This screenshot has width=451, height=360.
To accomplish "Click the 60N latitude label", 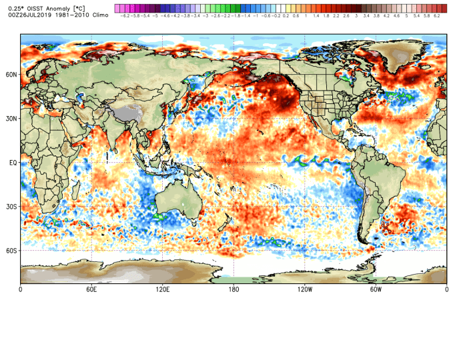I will [x=11, y=75].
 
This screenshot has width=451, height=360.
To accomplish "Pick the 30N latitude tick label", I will [x=11, y=119].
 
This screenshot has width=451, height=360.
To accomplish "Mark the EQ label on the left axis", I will [x=12, y=162].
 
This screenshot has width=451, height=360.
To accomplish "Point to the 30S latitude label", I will [x=11, y=207].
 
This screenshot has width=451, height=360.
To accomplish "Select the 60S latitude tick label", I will [x=11, y=251].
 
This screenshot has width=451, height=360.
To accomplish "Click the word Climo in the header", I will [x=100, y=14].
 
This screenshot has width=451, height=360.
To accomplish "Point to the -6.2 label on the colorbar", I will [x=124, y=15].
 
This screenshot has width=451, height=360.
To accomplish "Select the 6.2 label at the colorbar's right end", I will [x=436, y=15].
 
